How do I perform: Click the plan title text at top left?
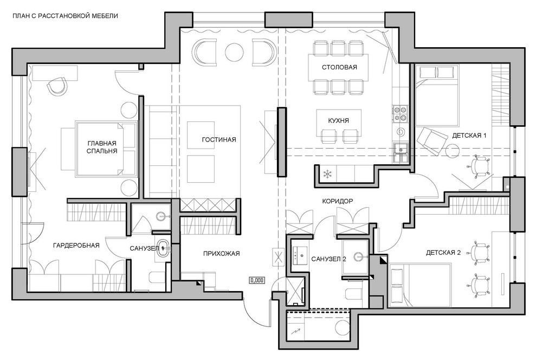click(x=65, y=16)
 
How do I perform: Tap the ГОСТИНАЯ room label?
click(x=219, y=139)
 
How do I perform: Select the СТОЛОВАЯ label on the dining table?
click(x=339, y=67)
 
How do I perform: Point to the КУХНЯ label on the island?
click(x=338, y=121)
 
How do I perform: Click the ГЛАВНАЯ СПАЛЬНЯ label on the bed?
click(x=102, y=147)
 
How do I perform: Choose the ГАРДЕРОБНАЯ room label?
click(x=76, y=246)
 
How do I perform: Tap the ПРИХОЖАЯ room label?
click(x=221, y=254)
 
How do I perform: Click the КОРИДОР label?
click(x=338, y=201)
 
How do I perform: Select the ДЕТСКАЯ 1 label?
click(x=469, y=136)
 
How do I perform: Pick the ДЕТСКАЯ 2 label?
click(x=443, y=253)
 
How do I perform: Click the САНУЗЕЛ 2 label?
click(x=328, y=259)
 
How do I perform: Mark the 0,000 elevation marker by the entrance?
click(x=257, y=280)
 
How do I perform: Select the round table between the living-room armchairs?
click(x=235, y=52)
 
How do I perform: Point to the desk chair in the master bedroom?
click(x=57, y=86)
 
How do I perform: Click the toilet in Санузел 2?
click(x=353, y=294)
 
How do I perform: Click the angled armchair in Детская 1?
click(x=431, y=138)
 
